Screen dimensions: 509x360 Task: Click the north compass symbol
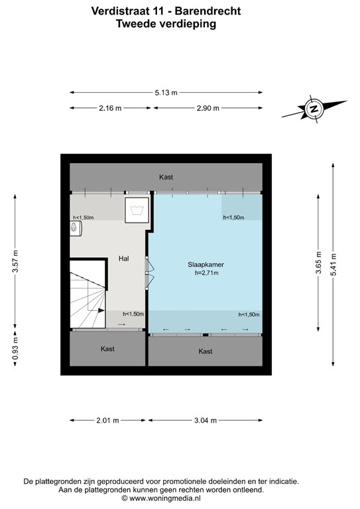point(314,108)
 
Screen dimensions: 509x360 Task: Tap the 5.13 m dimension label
point(166,93)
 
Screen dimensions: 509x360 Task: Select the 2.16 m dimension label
point(109,109)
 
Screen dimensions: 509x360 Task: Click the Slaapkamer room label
point(206,264)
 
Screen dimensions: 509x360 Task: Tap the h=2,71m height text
point(206,272)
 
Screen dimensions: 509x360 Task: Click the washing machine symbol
point(138,209)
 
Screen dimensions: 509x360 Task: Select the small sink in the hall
point(75,227)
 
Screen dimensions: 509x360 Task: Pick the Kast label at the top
point(166,177)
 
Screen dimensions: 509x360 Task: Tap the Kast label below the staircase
point(107,349)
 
